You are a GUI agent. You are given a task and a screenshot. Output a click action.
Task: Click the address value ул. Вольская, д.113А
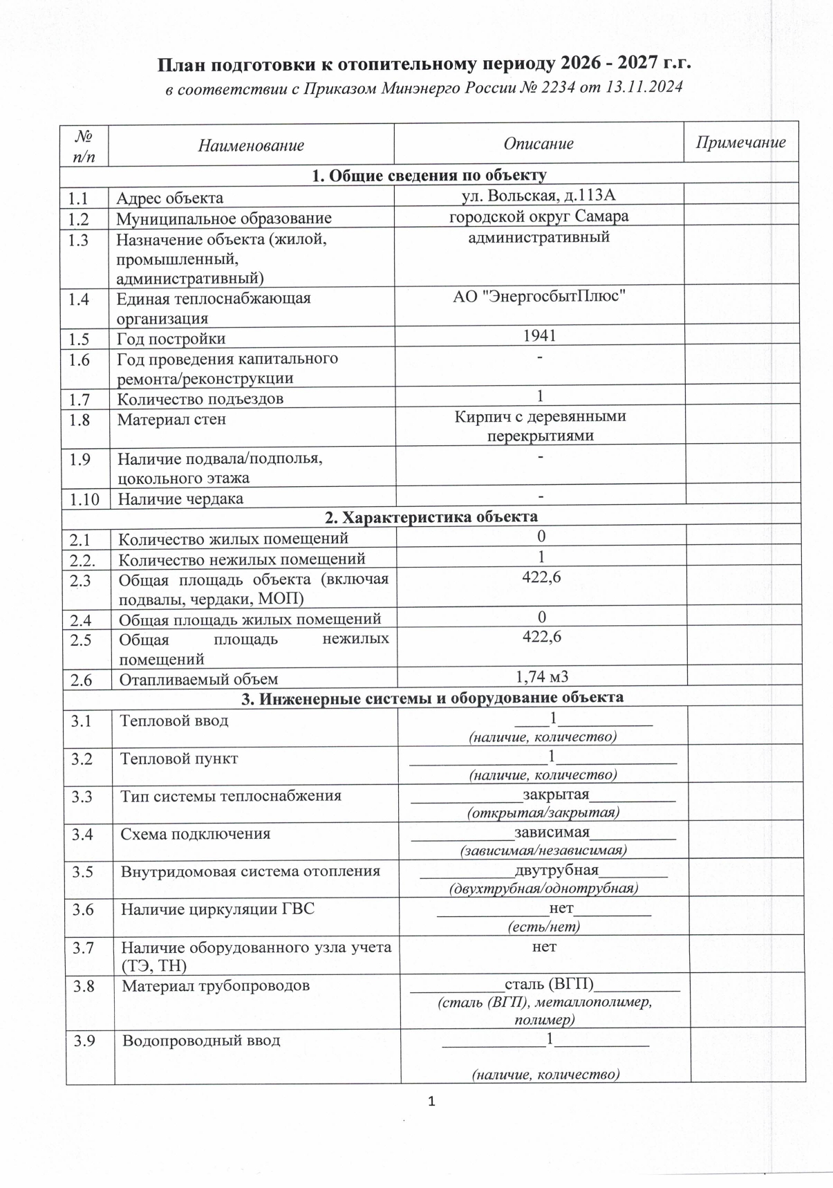tap(538, 196)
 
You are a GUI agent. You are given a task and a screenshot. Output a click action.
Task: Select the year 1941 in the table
tap(539, 336)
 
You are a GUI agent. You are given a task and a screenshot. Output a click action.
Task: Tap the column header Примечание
tap(740, 142)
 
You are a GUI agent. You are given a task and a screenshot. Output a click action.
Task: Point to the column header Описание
tap(539, 144)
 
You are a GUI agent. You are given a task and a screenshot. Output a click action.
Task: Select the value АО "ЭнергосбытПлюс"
tap(539, 297)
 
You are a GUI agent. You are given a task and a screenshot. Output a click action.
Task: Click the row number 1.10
tap(84, 499)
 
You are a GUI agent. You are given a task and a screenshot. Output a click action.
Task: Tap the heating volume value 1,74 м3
tap(542, 676)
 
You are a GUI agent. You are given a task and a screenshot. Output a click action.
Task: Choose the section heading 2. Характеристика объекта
tap(431, 517)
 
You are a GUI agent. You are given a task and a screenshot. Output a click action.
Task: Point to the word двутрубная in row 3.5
tap(556, 870)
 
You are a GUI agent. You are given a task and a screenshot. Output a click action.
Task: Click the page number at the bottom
tap(432, 1102)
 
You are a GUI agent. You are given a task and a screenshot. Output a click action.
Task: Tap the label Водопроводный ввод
tap(201, 1040)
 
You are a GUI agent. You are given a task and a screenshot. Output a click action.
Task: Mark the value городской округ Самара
tap(539, 216)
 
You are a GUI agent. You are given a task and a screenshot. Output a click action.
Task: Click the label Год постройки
tap(171, 339)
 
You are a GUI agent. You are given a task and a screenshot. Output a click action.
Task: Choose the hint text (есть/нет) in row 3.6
tap(543, 926)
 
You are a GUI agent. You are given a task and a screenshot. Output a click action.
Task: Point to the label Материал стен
tap(171, 420)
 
